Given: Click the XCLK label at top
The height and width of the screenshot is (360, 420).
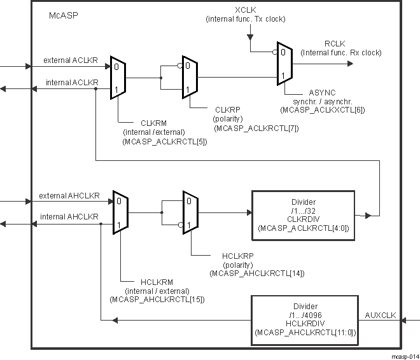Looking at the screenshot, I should click(x=246, y=10).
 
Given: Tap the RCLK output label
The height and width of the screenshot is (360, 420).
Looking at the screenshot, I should click(x=334, y=43).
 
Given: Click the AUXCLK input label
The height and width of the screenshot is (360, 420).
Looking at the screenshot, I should click(x=380, y=315).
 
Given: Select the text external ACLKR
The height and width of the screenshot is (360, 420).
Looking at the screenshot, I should click(x=70, y=61).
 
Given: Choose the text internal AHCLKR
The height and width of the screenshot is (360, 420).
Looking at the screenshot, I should click(x=69, y=216).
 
